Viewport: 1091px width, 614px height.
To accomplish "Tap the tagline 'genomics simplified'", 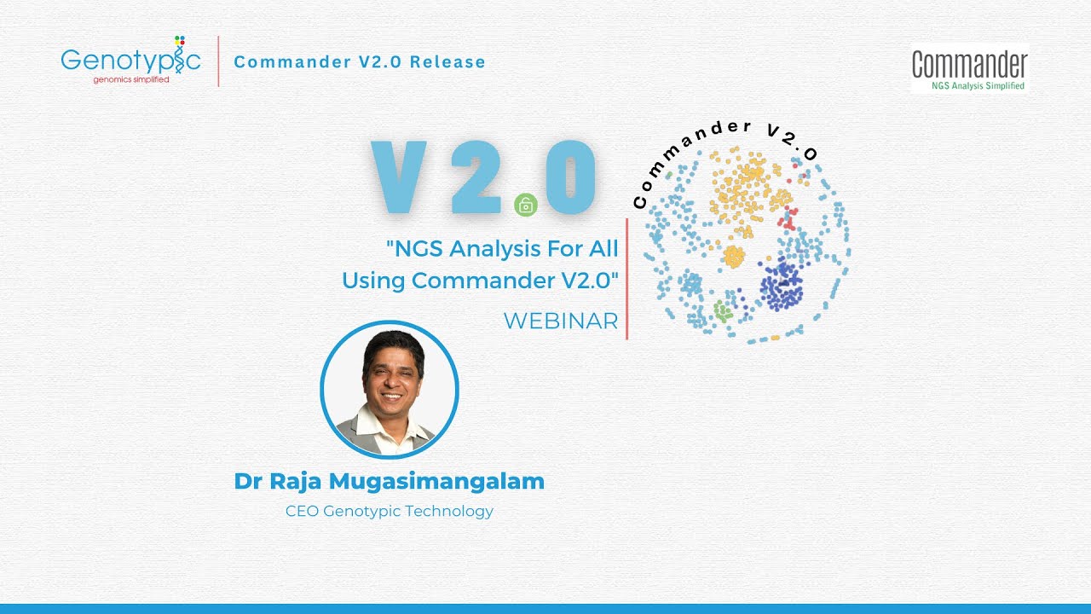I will [x=131, y=79].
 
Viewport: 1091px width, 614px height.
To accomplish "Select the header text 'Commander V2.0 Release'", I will [x=359, y=62].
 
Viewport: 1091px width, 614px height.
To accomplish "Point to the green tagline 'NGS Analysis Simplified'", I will [x=978, y=86].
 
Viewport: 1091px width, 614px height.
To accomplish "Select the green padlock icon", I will [x=526, y=205].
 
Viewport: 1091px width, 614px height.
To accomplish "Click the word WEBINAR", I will [x=560, y=321].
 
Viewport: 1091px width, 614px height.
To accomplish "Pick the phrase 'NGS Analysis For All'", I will [x=502, y=249].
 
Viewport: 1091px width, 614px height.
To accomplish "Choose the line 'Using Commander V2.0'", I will [x=480, y=280].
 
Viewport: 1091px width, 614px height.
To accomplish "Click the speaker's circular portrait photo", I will [x=390, y=391].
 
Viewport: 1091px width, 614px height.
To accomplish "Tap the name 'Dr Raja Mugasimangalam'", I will [x=389, y=481].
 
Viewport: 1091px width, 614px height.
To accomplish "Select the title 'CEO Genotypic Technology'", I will [x=389, y=512].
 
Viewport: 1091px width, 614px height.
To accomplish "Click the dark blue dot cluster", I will [x=781, y=285].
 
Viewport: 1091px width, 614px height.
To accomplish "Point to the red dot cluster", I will [x=788, y=218].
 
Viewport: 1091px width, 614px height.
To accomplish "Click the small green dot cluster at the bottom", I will [x=723, y=311].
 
